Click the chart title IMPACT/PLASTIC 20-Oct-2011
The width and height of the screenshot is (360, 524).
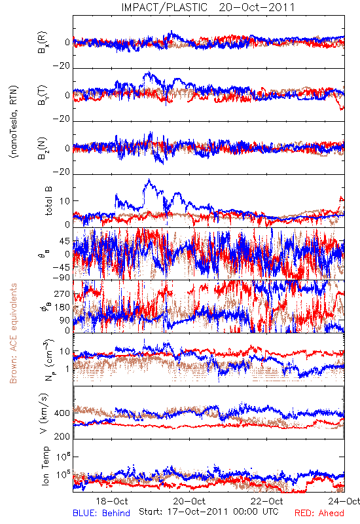208,7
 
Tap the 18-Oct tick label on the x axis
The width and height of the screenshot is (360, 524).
112,501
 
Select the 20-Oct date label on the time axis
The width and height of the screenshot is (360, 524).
190,501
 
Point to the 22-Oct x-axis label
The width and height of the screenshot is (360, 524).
267,501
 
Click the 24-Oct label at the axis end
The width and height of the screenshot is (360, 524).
344,501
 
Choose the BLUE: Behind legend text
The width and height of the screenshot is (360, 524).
101,513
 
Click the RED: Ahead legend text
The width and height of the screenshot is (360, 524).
319,513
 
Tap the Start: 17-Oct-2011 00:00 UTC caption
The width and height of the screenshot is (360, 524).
209,512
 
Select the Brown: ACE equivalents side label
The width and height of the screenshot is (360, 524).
13,333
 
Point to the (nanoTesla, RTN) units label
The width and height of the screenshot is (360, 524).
14,122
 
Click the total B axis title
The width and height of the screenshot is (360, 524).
48,201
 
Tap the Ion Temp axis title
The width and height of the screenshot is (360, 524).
45,466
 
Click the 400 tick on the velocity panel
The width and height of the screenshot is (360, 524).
62,413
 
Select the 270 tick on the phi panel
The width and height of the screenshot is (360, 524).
62,294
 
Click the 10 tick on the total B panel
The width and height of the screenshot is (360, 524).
65,201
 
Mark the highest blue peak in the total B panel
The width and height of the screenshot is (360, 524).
149,179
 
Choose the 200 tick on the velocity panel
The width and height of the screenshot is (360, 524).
62,436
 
